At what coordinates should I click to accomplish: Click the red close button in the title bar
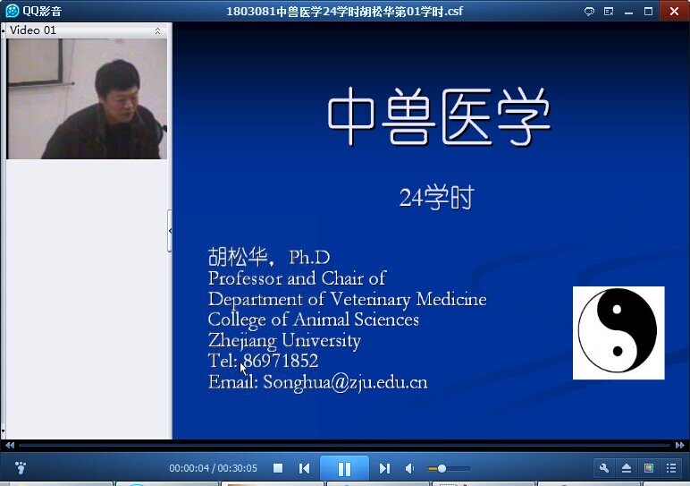pos(674,11)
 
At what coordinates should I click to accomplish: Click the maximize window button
pos(648,11)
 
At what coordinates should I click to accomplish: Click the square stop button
pos(278,468)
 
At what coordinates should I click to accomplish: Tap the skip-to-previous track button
pos(304,468)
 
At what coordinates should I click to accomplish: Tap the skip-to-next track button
pos(384,468)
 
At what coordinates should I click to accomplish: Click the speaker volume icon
pos(409,468)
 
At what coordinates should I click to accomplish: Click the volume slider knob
pos(442,468)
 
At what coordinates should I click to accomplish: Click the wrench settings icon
pos(604,467)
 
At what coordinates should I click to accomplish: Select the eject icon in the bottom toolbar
pos(627,468)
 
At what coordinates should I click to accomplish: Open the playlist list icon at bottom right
pos(671,468)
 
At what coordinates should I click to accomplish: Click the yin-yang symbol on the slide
pos(618,331)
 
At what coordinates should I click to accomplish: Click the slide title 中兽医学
pos(439,116)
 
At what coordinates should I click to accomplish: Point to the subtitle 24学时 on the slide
pos(436,198)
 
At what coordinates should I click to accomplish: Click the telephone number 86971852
pos(281,361)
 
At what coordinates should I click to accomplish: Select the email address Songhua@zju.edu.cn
pos(345,382)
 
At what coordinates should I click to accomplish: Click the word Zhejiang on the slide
pos(242,341)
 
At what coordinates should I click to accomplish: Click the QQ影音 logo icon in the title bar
pos(13,11)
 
